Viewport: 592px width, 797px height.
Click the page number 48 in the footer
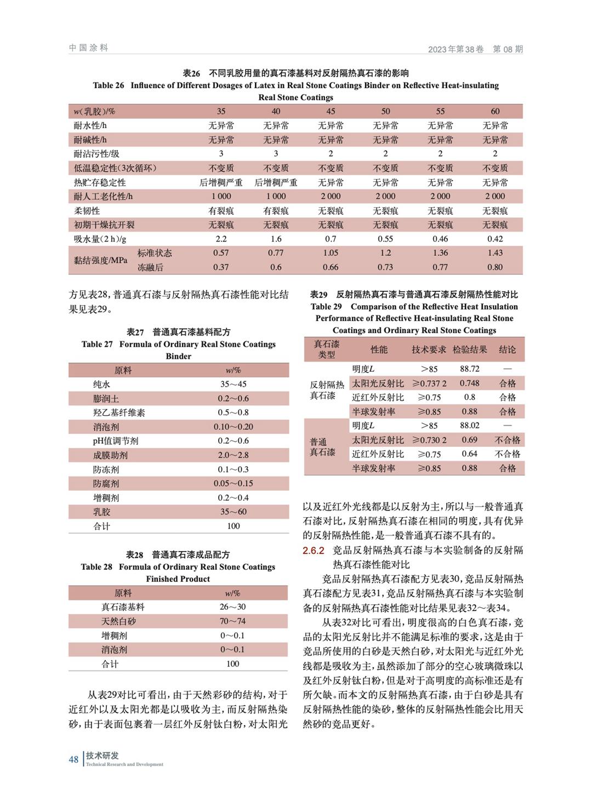[73, 759]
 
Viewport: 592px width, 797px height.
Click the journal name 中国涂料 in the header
[89, 48]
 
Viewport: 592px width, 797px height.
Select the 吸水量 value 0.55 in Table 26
[385, 239]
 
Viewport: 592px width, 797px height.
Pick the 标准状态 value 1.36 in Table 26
[440, 253]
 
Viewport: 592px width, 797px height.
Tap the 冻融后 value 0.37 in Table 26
[221, 267]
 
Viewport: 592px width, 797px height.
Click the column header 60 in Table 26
[495, 111]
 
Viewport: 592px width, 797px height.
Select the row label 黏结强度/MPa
[101, 260]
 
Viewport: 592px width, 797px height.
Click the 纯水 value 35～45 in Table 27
[233, 385]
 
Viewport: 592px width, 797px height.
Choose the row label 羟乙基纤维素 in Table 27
[119, 413]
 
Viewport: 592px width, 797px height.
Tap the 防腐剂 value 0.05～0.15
[233, 484]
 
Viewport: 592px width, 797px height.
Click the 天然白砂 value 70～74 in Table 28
[232, 621]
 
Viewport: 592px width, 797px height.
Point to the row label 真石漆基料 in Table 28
[123, 607]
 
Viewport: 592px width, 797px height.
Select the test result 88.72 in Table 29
[470, 369]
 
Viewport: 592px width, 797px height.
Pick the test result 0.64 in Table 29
[469, 454]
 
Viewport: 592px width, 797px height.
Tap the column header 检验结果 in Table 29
[470, 349]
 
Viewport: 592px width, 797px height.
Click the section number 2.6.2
[314, 551]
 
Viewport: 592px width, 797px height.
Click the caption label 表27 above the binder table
[135, 332]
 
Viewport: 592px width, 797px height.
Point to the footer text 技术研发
[103, 755]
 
